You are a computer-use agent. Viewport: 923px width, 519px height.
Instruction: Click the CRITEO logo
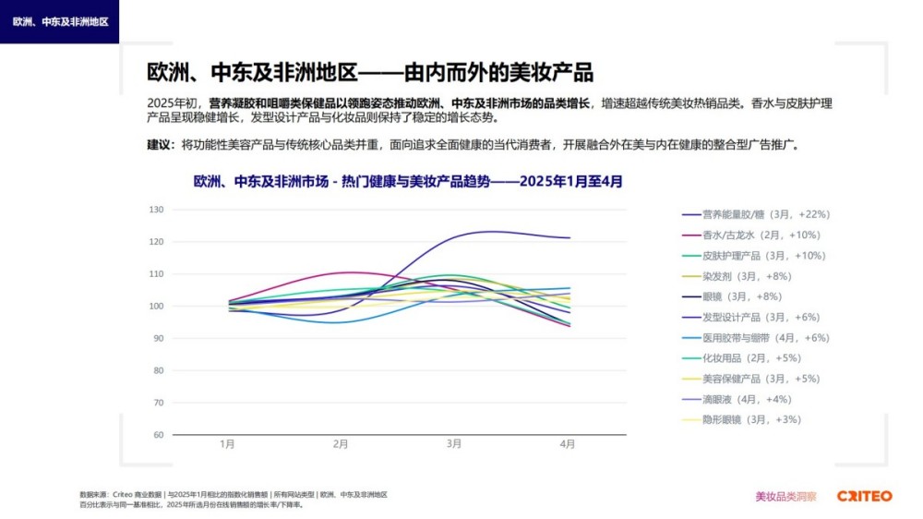pyautogui.click(x=864, y=496)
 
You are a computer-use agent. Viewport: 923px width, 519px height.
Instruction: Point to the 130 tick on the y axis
pyautogui.click(x=156, y=210)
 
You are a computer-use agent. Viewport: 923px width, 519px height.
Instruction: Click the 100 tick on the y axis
pyautogui.click(x=156, y=307)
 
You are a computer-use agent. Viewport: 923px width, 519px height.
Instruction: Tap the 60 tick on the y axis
pyautogui.click(x=159, y=435)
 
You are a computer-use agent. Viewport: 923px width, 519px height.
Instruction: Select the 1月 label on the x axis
pyautogui.click(x=227, y=444)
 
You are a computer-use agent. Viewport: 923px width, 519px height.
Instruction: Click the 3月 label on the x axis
pyautogui.click(x=454, y=444)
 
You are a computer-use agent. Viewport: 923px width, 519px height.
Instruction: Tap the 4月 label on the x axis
pyautogui.click(x=568, y=444)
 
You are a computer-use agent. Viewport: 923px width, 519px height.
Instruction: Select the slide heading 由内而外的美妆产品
pyautogui.click(x=370, y=73)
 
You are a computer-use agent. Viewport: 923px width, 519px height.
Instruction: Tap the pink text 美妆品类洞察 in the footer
pyautogui.click(x=785, y=497)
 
